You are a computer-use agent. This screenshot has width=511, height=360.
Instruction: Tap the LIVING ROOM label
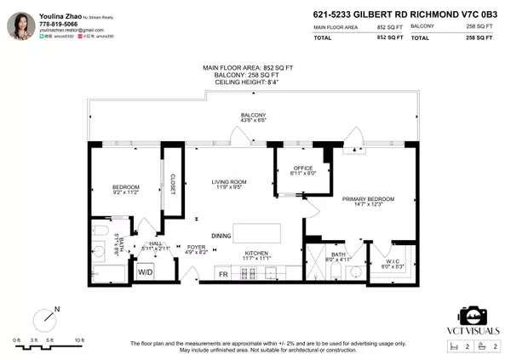click(228, 181)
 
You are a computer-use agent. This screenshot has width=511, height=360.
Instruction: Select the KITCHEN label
click(257, 254)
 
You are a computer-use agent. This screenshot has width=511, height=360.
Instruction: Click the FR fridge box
click(224, 274)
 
